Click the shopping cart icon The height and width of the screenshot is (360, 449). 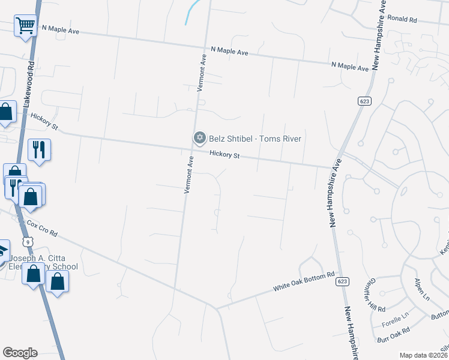(x=25, y=26)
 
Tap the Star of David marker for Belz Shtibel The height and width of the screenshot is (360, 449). (x=199, y=139)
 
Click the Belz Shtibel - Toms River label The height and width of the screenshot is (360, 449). (x=255, y=139)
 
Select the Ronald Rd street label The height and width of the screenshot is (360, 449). (x=402, y=19)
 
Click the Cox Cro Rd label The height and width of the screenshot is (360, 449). (x=41, y=229)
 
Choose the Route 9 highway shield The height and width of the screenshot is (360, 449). (x=26, y=241)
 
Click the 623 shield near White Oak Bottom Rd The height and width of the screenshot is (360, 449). (x=342, y=281)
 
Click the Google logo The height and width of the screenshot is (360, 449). (x=20, y=353)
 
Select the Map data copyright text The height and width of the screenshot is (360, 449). (x=424, y=355)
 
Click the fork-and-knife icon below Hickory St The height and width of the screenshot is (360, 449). (x=39, y=149)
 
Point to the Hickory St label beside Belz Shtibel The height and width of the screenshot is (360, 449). (x=225, y=155)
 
